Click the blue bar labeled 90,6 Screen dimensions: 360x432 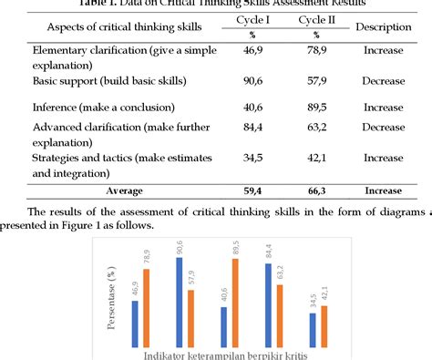180,296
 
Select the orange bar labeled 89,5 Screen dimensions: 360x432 234,297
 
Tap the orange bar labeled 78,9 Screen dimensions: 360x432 147,302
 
